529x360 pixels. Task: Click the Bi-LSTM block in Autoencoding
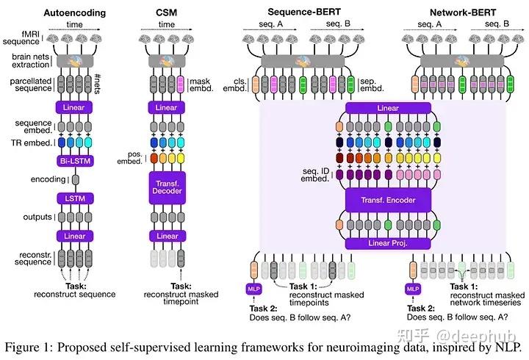75,159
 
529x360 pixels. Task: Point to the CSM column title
167,12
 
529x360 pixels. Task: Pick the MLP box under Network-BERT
411,289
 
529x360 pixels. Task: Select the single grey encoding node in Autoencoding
75,178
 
